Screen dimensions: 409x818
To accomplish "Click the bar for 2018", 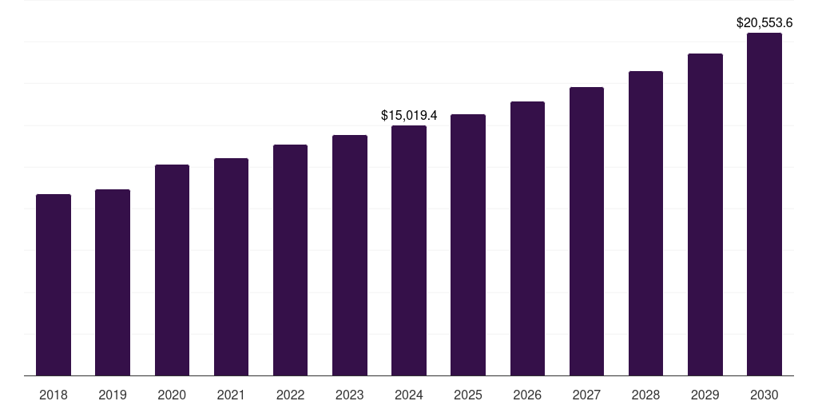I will click(x=54, y=284).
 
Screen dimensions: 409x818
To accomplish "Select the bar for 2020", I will click(x=172, y=270).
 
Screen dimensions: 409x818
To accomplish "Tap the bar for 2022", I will click(x=290, y=260).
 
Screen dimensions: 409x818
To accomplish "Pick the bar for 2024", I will click(x=409, y=250).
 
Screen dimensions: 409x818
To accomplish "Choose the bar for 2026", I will click(x=527, y=238).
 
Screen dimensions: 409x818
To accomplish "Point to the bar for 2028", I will click(x=645, y=223).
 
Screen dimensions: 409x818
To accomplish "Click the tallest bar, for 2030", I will click(x=764, y=204).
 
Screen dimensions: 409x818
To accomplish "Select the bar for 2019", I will click(x=113, y=282).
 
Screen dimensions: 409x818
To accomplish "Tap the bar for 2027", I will click(x=586, y=231).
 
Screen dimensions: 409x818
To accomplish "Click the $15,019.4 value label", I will click(x=409, y=116).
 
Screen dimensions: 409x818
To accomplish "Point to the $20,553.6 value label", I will click(x=764, y=23).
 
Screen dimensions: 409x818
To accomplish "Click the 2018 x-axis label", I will click(x=54, y=395).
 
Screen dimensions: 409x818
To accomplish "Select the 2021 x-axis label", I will click(x=231, y=395).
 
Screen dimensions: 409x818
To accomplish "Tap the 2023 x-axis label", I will click(x=350, y=395).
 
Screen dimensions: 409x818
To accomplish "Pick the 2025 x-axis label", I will click(x=468, y=395).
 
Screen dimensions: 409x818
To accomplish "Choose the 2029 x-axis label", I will click(x=705, y=395).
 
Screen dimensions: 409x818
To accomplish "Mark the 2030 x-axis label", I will click(x=764, y=395).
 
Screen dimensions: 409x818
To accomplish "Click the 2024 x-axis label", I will click(x=409, y=395).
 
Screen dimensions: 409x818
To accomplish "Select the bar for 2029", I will click(x=705, y=214).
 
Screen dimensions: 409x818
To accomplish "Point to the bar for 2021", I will click(x=231, y=267).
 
